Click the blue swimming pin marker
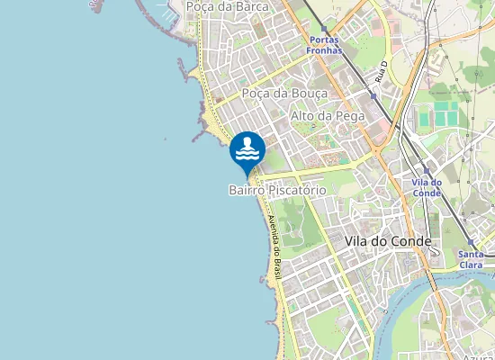[247, 150]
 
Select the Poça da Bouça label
[284, 93]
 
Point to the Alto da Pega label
[326, 116]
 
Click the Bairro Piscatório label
[276, 191]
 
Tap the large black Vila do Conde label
[388, 241]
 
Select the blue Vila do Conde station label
[427, 187]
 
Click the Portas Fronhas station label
[324, 45]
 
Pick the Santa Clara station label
[471, 259]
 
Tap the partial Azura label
[477, 357]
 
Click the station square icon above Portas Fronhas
[325, 29]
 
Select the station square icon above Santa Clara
[471, 243]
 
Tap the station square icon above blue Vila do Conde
[427, 170]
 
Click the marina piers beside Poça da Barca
[166, 11]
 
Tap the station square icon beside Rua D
[373, 94]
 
